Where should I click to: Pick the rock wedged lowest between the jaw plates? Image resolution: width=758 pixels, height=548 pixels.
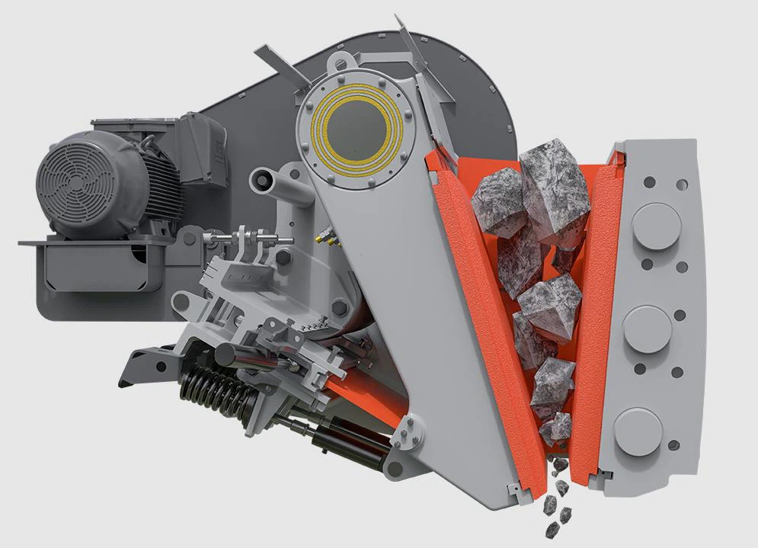[556, 428]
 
